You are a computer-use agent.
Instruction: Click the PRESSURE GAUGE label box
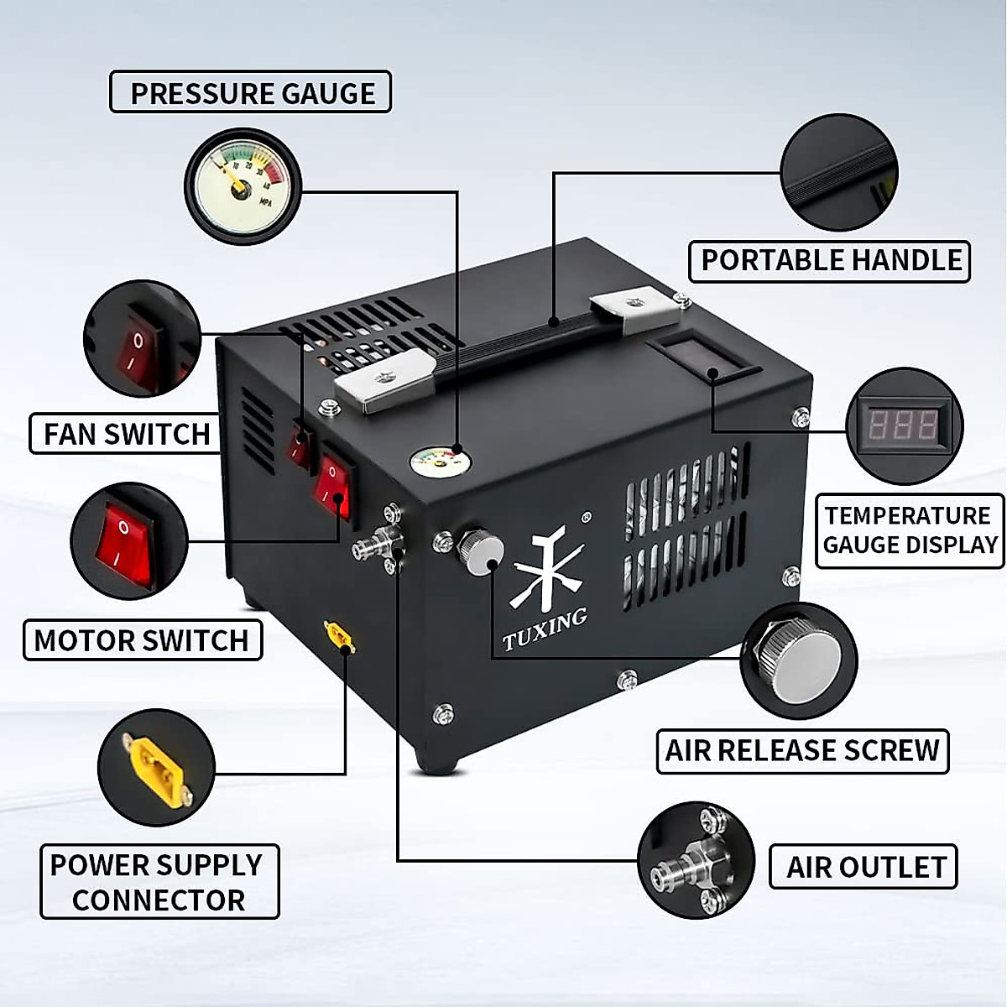coord(251,92)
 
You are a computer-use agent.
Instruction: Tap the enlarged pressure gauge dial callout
coord(243,186)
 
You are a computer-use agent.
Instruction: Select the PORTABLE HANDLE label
coord(830,261)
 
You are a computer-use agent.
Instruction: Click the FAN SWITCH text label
coord(127,434)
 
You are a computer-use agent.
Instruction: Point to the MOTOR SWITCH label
coord(142,640)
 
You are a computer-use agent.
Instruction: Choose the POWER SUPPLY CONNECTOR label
coord(159,882)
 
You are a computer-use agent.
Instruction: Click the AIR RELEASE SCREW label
coord(802,750)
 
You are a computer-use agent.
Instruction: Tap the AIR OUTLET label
coord(864,867)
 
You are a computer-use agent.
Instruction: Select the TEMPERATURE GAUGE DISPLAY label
coord(910,530)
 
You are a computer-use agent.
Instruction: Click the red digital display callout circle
coord(904,426)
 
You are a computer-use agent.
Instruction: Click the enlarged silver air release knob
coord(798,661)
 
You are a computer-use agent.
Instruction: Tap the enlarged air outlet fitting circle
coord(696,859)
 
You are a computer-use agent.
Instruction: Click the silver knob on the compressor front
coord(481,551)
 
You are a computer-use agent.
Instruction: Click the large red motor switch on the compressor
coord(332,487)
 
